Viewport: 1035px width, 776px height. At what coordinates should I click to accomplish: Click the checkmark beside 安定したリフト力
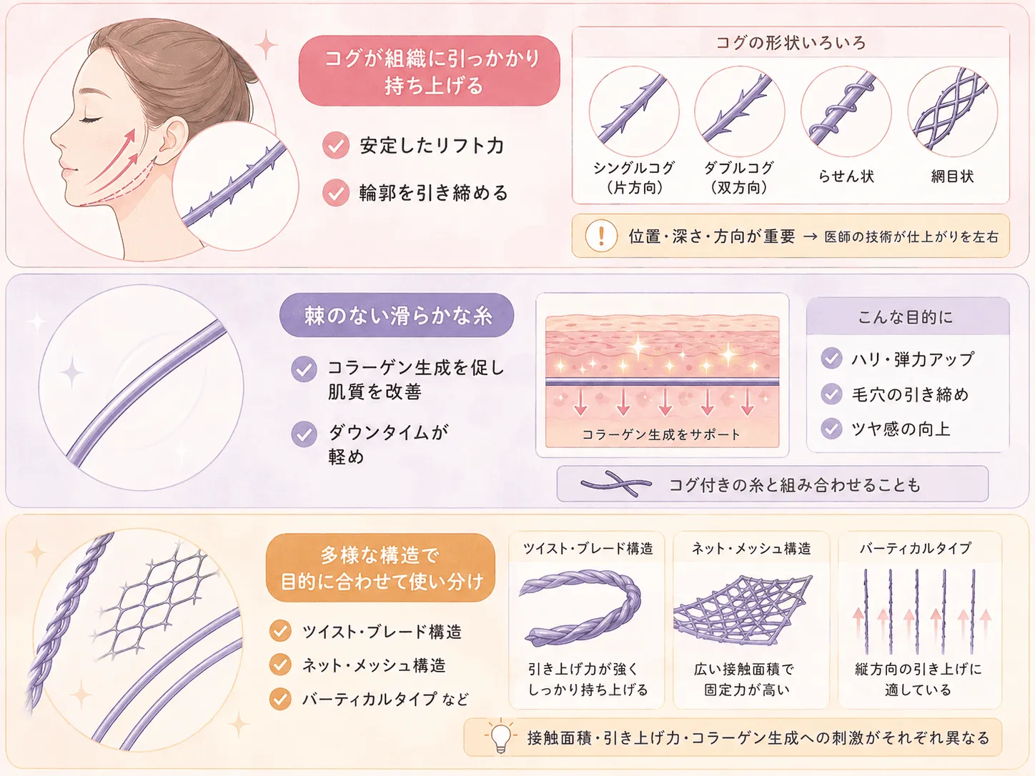coord(336,145)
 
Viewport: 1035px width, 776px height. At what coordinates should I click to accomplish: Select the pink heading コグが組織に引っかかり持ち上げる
coord(429,71)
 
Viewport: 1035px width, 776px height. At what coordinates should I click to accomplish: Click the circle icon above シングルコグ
coord(634,111)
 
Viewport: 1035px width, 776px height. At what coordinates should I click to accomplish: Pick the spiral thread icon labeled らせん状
coord(846,111)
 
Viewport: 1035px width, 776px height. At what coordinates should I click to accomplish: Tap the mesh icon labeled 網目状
coord(953,111)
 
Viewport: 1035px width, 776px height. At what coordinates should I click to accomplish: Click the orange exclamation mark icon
coord(601,236)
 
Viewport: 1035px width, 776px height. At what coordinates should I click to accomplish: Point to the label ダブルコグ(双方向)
coord(739,178)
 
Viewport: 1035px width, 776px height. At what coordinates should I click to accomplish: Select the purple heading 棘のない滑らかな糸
coord(397,315)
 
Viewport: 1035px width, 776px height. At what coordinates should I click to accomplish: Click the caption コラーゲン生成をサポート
coord(661,434)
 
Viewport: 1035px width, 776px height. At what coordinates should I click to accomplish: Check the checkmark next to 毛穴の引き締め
coord(831,394)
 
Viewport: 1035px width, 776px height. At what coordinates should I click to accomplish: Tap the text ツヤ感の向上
coord(901,429)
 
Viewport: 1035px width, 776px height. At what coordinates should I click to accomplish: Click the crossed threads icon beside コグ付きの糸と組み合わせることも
coord(616,484)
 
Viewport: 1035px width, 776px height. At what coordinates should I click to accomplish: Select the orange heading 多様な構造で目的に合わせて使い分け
coord(380,568)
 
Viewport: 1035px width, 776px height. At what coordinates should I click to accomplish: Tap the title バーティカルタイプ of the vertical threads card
coord(916,548)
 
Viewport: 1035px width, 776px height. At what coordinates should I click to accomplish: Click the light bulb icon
coord(501,737)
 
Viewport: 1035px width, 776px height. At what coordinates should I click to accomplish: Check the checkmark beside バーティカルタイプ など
coord(280,699)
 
